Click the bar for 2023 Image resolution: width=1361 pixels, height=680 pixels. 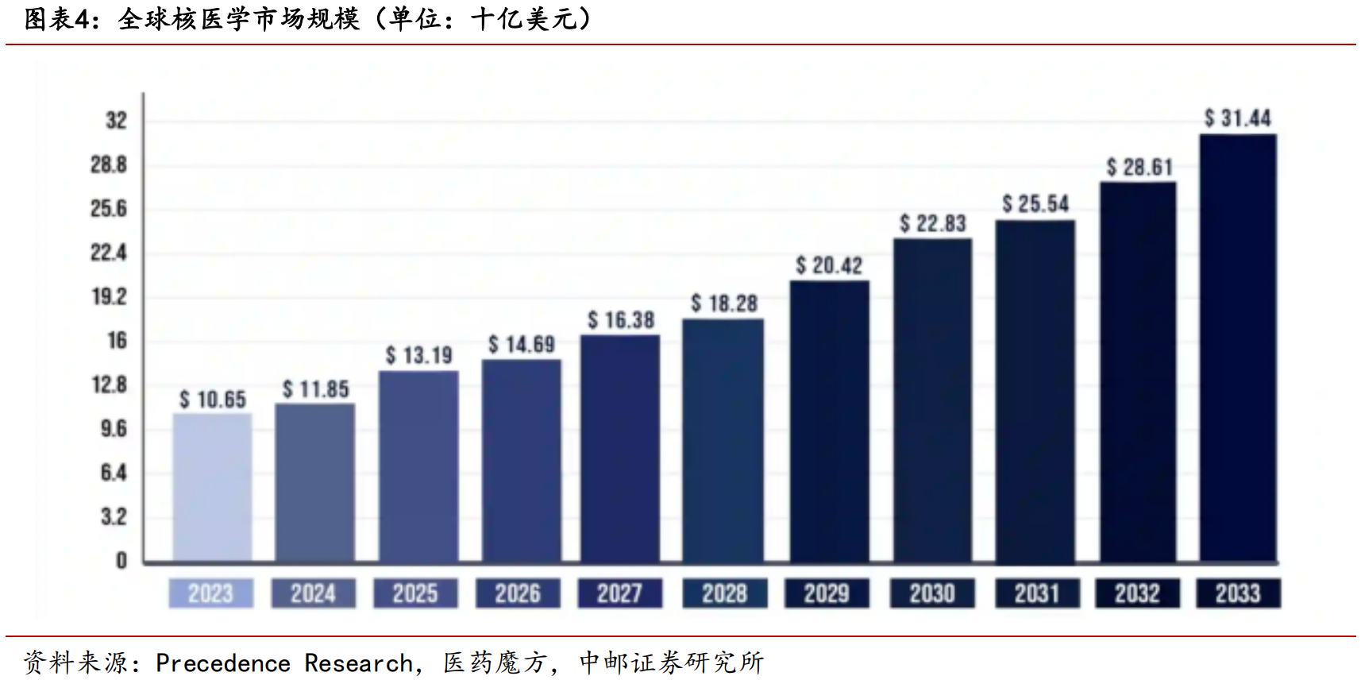[x=212, y=487]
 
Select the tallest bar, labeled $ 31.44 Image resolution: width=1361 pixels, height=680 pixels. [x=1237, y=348]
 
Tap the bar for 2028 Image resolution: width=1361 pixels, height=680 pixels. [x=723, y=440]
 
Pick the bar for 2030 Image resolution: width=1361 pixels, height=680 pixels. [x=932, y=400]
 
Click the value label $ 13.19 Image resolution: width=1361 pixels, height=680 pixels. [x=418, y=355]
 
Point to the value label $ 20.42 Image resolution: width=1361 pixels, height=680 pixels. [x=829, y=265]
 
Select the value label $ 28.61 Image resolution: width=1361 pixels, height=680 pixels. [x=1139, y=168]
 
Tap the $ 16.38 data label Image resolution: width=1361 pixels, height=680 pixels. [x=621, y=320]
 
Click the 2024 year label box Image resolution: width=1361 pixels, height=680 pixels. [x=313, y=593]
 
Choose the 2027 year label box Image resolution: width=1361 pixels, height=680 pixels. [x=619, y=593]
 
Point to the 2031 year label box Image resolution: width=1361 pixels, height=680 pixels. [x=1036, y=593]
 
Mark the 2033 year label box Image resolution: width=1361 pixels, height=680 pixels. [x=1237, y=593]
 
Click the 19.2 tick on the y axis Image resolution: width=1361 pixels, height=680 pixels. [x=109, y=297]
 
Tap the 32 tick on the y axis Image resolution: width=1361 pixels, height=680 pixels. [x=116, y=121]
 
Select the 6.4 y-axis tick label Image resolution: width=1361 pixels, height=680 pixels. [x=114, y=473]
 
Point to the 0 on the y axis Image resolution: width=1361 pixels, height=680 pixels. [x=121, y=562]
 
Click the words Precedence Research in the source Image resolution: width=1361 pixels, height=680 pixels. [x=284, y=663]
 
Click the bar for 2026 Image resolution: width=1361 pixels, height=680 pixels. [x=521, y=461]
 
